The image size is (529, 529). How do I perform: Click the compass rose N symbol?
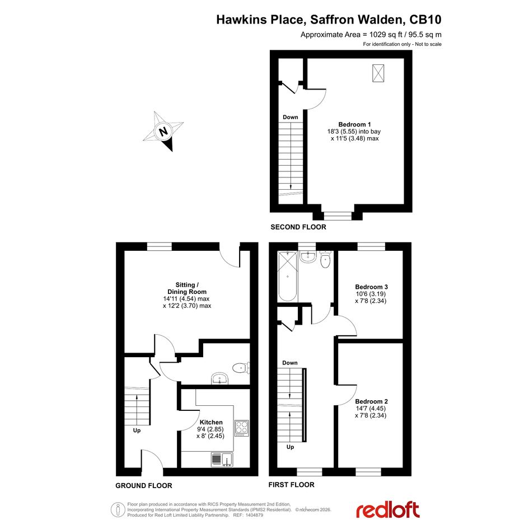click(163, 131)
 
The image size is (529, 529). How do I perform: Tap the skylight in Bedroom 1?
click(378, 73)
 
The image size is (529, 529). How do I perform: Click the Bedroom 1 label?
click(354, 124)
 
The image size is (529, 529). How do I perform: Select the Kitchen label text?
click(211, 422)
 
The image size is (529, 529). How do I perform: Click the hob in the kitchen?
click(242, 428)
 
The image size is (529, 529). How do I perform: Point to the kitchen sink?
click(222, 460)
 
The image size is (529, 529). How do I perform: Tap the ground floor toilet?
click(241, 368)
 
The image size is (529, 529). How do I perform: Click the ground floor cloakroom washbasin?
click(220, 378)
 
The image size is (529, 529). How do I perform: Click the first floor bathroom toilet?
click(325, 259)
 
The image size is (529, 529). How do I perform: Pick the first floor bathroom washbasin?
click(307, 257)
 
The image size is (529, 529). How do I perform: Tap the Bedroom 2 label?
click(372, 401)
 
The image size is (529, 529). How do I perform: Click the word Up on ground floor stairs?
click(137, 430)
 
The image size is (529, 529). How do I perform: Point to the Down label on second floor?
click(291, 117)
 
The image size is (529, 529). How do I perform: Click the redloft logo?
click(388, 510)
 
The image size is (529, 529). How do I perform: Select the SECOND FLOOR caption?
click(298, 227)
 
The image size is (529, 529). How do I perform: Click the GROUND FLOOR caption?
click(144, 485)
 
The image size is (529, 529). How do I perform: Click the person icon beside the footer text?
click(118, 509)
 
